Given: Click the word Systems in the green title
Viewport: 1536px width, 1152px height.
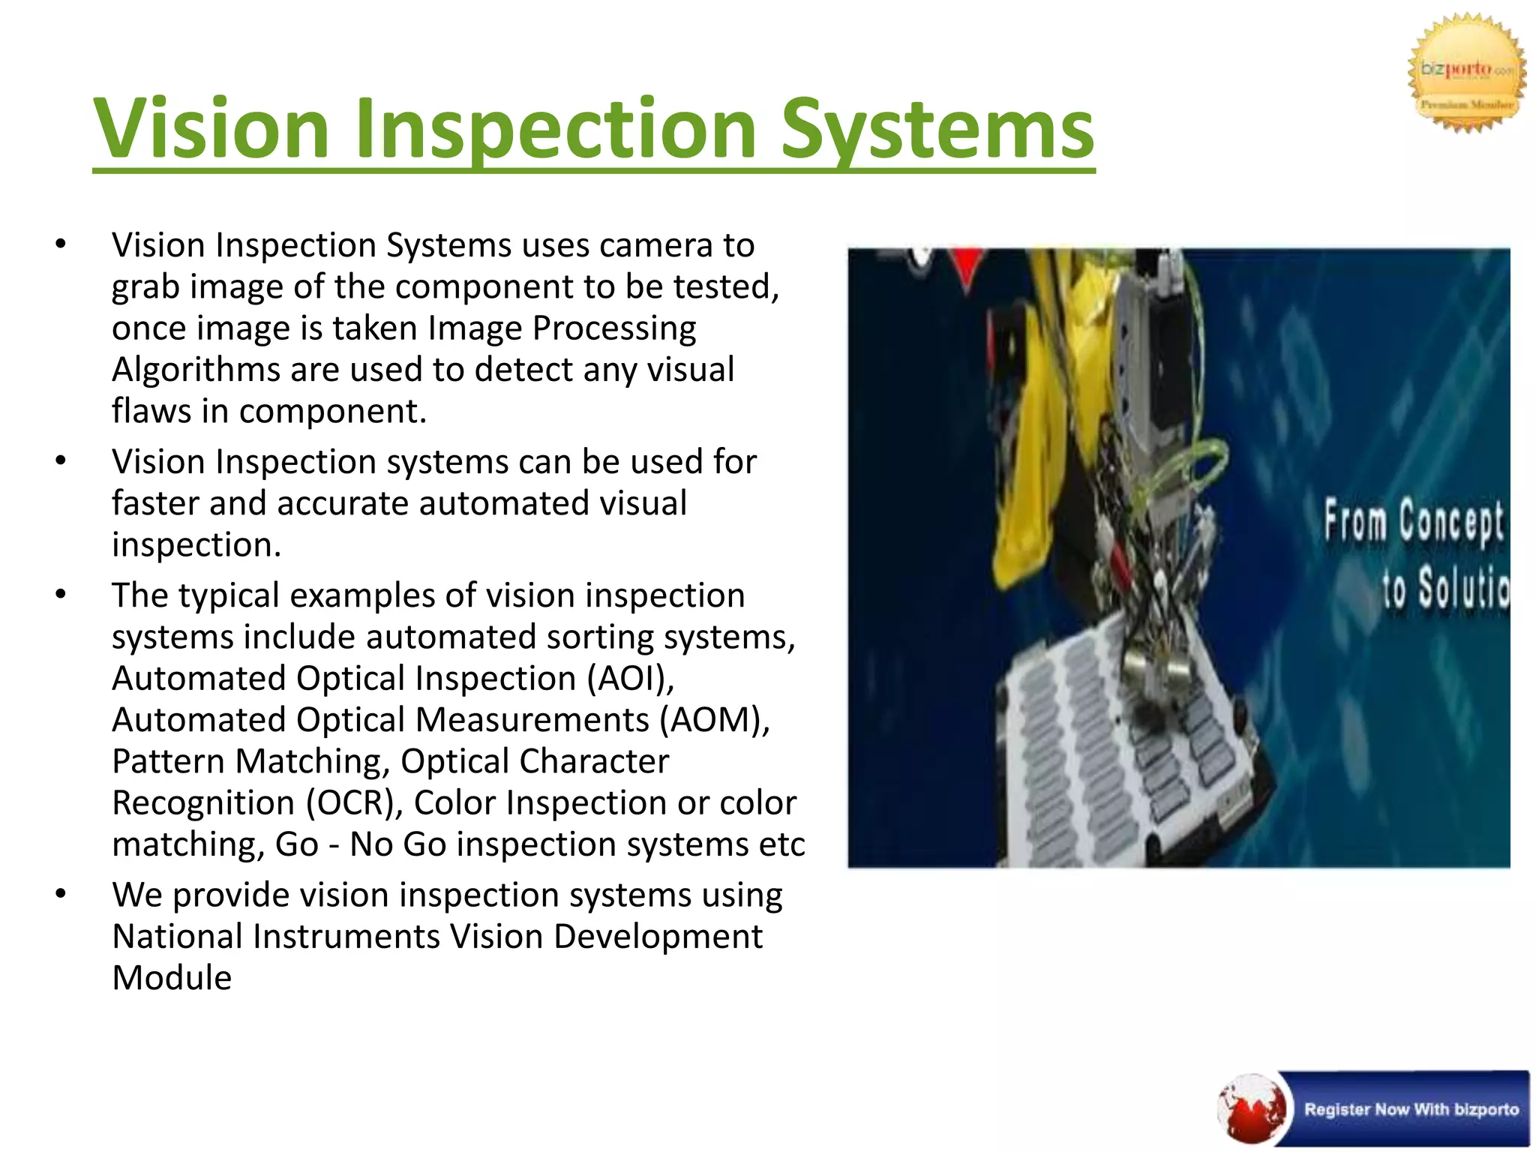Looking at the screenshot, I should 937,129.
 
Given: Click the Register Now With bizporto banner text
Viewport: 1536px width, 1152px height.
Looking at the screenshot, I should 1411,1109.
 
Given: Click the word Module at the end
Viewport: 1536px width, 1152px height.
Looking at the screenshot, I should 172,978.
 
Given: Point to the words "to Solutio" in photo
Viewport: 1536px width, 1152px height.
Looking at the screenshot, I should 1444,588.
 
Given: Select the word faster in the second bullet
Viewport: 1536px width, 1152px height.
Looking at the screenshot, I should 155,503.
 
